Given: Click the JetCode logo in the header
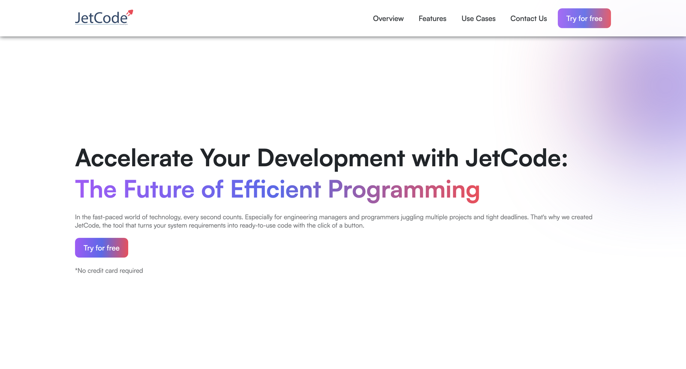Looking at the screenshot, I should [x=102, y=18].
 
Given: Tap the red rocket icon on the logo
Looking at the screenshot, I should [x=129, y=13].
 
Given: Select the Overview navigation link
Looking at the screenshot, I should [x=388, y=18].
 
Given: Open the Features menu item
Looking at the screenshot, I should [x=432, y=18].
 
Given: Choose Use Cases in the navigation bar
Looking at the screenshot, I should [x=478, y=18].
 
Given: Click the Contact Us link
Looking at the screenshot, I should [x=528, y=18].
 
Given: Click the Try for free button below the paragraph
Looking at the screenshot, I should [x=102, y=248].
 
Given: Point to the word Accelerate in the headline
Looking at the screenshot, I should [x=134, y=158].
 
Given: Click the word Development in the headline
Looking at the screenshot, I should [x=331, y=158].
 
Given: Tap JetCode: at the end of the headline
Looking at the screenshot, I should [x=517, y=158].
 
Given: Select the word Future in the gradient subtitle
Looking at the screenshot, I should [x=159, y=189].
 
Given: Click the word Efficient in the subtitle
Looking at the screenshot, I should [x=275, y=189].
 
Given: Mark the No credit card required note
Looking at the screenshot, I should [x=109, y=271].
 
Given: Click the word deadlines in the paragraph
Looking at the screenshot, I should [x=514, y=217].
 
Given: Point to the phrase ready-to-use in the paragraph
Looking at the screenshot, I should [x=258, y=225].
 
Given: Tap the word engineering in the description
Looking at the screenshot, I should [x=300, y=217].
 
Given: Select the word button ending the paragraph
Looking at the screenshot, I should [x=354, y=225].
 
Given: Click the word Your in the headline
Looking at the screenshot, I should [x=225, y=158].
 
